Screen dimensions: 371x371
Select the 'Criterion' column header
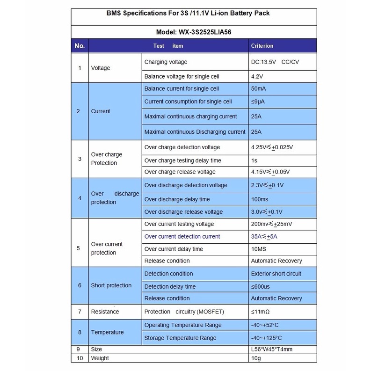tap(262, 46)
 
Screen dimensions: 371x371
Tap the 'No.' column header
tap(80, 46)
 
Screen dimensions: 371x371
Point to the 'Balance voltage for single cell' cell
tap(182, 76)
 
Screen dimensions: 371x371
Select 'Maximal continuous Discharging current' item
tap(195, 132)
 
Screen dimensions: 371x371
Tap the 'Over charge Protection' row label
tap(107, 159)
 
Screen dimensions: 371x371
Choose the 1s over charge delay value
tap(255, 160)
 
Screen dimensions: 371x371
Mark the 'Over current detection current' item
tap(182, 236)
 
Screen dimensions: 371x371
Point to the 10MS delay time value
tap(259, 249)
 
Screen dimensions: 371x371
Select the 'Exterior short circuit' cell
tap(276, 273)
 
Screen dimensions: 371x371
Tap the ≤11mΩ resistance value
tap(261, 312)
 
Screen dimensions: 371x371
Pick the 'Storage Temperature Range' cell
tap(180, 338)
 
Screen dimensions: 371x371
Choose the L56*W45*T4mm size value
tap(272, 349)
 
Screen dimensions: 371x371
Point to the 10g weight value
tap(256, 358)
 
